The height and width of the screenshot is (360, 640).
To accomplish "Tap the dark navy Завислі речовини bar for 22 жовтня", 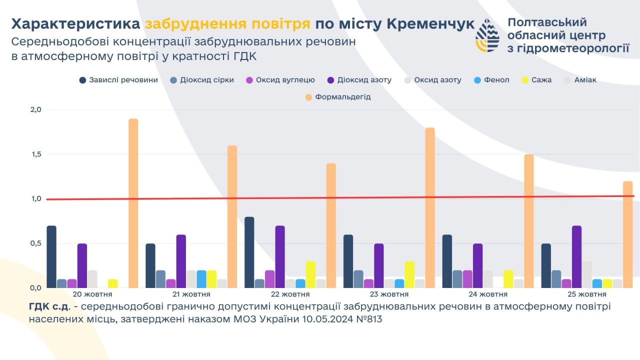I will point(249,252).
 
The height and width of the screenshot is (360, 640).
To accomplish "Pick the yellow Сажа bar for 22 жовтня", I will point(310,274).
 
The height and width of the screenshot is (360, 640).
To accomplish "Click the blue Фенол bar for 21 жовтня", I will point(201,279).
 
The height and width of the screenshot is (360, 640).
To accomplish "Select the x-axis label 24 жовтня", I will point(488,294).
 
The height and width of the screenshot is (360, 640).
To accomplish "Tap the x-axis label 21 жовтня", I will point(191,294).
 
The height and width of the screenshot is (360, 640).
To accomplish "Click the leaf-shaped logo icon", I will point(487,36).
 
